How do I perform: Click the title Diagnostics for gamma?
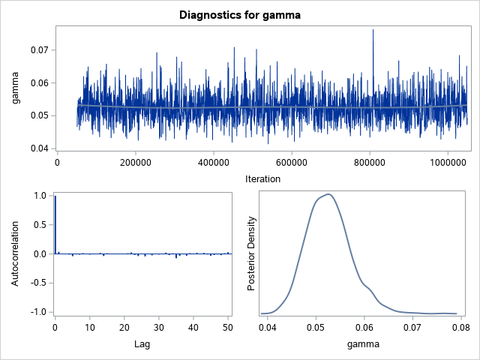click(x=240, y=13)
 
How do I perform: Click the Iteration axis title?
click(x=262, y=178)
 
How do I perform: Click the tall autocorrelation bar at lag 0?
click(x=55, y=225)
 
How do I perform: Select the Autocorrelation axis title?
click(x=15, y=253)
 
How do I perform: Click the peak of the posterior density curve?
click(x=328, y=194)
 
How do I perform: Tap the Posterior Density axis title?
click(x=253, y=253)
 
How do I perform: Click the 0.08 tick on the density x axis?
click(x=461, y=326)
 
